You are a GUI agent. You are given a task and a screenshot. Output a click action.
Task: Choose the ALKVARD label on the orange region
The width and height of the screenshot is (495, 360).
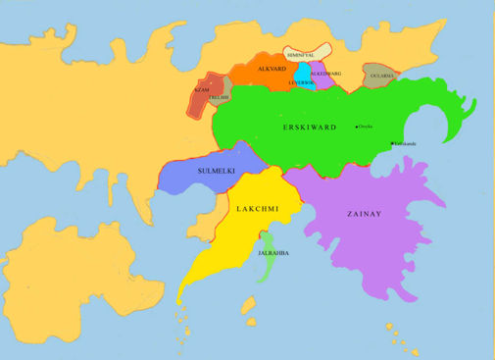pos(271,70)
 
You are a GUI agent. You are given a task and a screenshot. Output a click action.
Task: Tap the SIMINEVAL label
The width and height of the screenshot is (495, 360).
pos(301,56)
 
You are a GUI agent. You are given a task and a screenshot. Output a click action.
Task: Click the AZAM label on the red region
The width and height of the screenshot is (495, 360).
pos(202,89)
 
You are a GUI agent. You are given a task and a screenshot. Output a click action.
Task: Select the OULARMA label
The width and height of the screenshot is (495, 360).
pos(381,76)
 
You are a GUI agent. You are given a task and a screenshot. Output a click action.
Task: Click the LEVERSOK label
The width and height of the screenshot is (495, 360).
pos(302,83)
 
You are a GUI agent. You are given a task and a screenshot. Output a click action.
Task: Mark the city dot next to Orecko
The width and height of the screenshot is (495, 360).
pos(357,127)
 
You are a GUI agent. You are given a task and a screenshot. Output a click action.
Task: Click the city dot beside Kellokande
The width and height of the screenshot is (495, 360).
pos(391,144)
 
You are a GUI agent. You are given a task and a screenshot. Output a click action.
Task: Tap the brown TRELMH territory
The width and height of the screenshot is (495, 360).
pos(222,90)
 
